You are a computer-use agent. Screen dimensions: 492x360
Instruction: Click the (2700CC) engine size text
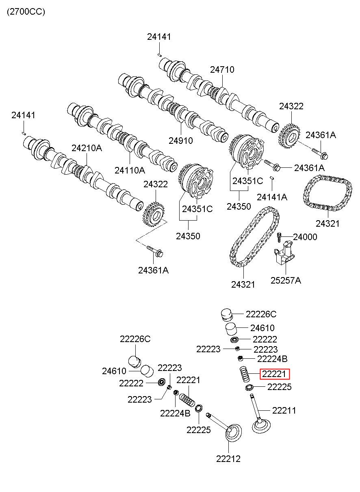tap(26, 12)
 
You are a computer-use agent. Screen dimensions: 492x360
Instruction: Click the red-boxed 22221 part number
tap(274, 374)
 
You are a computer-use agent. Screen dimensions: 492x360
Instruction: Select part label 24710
tap(222, 69)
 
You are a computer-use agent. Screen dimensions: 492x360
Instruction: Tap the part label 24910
tap(181, 141)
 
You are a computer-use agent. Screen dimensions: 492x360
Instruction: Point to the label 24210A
tap(87, 148)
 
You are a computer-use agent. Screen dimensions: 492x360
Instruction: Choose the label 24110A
tap(130, 170)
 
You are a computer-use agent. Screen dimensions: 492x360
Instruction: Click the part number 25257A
tap(286, 280)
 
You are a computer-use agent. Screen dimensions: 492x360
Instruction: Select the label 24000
tap(305, 237)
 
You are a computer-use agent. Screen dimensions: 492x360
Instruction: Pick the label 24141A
tap(272, 197)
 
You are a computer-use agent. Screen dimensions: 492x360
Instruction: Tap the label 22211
tap(284, 410)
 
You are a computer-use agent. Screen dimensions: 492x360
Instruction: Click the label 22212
tap(228, 459)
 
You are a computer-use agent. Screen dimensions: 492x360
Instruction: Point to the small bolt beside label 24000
tap(279, 236)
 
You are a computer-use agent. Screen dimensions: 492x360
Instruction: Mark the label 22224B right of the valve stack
tap(272, 359)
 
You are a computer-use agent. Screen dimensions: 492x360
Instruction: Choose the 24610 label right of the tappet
tap(262, 328)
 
